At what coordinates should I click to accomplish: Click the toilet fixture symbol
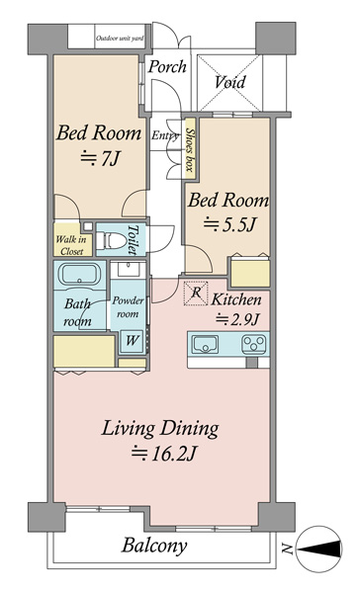coord(111,240)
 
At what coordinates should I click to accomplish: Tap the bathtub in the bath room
coord(79,274)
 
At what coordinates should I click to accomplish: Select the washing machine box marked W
coord(132,341)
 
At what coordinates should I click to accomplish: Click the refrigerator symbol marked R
coord(196,293)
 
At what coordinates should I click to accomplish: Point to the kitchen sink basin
coord(205,344)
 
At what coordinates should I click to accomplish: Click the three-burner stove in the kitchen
coord(254,344)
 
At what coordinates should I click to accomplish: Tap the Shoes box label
coord(189,149)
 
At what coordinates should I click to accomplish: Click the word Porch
coord(167,67)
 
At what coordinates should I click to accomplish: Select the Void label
coord(230,82)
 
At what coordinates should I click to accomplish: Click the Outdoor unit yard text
coord(120,39)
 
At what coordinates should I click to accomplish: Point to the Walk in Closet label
coord(71,245)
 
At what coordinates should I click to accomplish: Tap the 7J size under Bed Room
coord(100,158)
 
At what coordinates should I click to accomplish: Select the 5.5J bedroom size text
coord(229,224)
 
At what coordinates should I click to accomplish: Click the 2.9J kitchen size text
coord(237,320)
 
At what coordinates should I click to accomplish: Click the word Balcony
coord(154,547)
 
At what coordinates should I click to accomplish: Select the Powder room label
coord(128,307)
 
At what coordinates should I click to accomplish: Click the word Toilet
coord(133,240)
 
